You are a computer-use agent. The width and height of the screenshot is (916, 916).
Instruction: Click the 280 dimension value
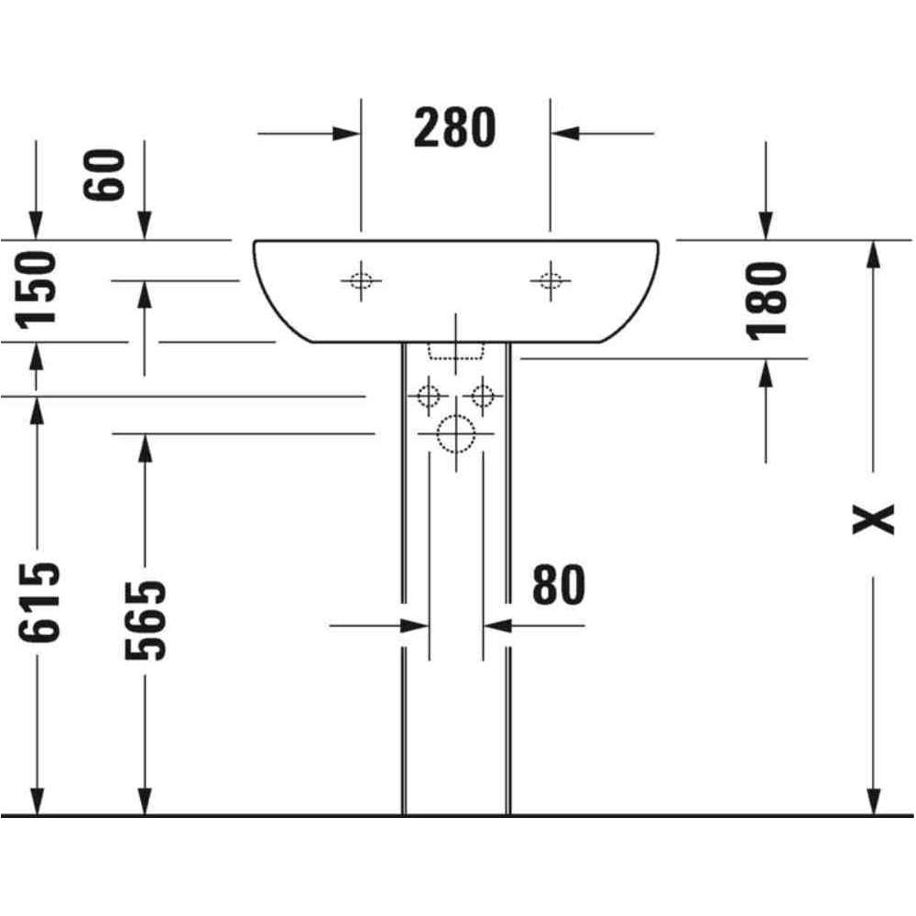coord(455,128)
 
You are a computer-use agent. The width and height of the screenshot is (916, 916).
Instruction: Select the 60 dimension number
coord(104,175)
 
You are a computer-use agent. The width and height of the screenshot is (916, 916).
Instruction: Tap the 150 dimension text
coord(37,289)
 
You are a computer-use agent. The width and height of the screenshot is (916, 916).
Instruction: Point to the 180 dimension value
coord(767,300)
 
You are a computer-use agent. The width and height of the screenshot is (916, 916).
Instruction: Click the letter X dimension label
coord(873,519)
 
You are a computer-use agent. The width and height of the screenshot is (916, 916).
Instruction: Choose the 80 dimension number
coord(559,584)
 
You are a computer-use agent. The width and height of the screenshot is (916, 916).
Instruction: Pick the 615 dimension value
coord(38,603)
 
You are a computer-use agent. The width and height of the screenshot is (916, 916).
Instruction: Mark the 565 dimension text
coord(146,620)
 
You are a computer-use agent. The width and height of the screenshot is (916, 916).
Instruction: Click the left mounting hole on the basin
coord(361,281)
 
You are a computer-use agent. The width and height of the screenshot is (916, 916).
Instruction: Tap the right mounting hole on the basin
coord(551,281)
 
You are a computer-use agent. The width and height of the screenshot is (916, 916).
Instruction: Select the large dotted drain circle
coord(456,434)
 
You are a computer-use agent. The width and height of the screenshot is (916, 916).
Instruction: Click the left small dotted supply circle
coord(429,397)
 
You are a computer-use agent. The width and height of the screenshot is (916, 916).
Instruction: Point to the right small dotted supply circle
coord(483,397)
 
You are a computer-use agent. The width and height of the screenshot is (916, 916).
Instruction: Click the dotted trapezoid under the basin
coord(456,351)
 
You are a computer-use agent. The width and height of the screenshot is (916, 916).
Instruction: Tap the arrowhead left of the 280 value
coord(346,134)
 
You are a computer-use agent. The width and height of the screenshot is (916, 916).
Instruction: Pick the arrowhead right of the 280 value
coord(564,134)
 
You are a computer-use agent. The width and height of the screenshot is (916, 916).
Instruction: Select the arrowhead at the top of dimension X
coord(873,254)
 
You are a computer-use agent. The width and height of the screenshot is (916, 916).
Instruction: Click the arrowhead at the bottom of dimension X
coord(873,801)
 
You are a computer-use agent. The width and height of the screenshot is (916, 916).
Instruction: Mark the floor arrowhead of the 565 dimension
coord(145,801)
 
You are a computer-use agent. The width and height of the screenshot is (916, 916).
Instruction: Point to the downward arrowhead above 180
coord(766,225)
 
